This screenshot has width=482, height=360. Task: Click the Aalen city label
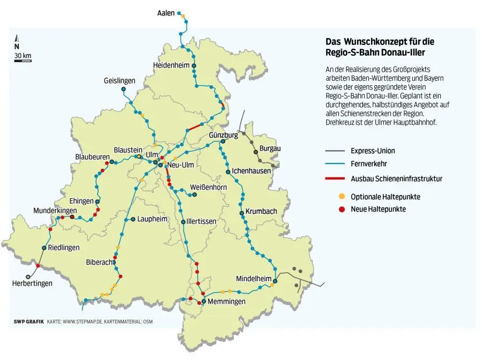coord(166,13)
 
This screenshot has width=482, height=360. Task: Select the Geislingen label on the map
coord(119,81)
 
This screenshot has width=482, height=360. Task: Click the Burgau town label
coord(270,148)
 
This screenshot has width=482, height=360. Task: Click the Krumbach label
coord(261,211)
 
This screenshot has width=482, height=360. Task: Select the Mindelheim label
coord(254,279)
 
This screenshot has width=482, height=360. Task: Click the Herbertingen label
coord(32,283)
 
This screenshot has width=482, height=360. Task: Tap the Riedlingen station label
coord(63,248)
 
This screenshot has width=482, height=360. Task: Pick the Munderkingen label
coord(55,211)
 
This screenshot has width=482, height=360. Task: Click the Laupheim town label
coord(152,219)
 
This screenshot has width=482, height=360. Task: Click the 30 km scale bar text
coord(23,55)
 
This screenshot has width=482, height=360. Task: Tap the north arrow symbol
coord(17,40)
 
